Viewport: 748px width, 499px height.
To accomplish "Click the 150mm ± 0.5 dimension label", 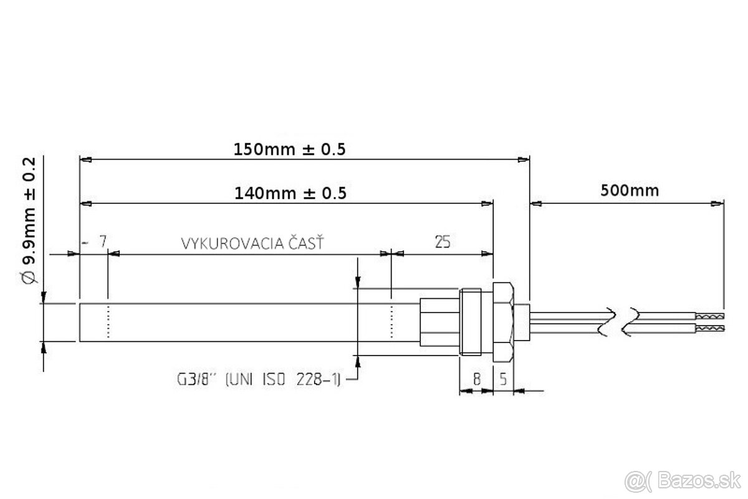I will (x=289, y=150).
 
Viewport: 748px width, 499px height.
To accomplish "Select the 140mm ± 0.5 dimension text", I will (x=290, y=193).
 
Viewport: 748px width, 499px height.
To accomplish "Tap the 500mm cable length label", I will (x=630, y=190).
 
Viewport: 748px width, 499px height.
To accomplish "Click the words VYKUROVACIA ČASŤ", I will (x=252, y=243).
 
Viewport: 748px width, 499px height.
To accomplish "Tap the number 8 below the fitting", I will (x=476, y=379).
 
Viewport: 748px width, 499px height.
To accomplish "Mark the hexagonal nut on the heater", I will (x=504, y=322).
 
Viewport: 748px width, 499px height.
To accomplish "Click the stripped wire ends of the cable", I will (x=711, y=322).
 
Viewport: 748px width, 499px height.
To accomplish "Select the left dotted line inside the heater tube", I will (x=108, y=322).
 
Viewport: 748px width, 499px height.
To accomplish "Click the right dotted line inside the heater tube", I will (x=391, y=322).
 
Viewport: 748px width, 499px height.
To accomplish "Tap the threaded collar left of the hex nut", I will (x=471, y=322).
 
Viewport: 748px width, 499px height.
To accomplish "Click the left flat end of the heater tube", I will (x=80, y=322).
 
